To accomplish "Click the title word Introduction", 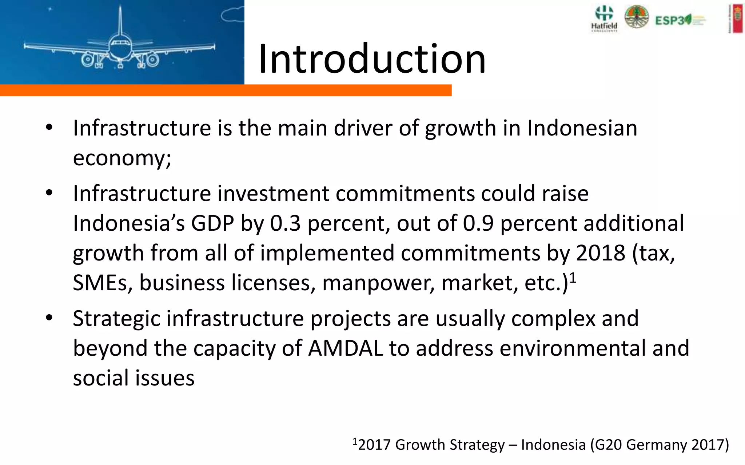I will pos(372,59).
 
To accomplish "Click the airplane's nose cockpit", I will pos(120,45).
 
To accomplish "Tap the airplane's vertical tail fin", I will pos(120,18).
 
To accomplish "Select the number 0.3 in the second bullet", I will pos(285,223).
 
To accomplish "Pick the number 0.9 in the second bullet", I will pos(478,223).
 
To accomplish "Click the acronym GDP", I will pos(212,223).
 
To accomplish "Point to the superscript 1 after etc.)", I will pos(573,278).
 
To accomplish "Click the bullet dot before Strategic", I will pos(49,319).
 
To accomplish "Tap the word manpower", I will pos(378,283).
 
